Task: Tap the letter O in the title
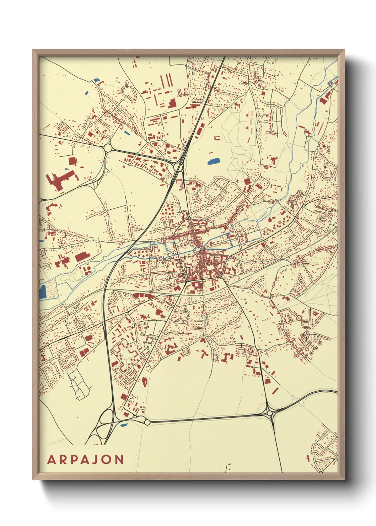click(107, 460)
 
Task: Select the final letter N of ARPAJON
click(119, 460)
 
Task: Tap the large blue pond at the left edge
click(43, 292)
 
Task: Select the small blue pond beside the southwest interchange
click(123, 425)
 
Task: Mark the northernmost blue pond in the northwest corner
click(95, 80)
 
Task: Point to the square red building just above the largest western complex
click(72, 161)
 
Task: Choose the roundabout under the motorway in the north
click(178, 167)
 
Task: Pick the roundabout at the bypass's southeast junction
click(270, 413)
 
